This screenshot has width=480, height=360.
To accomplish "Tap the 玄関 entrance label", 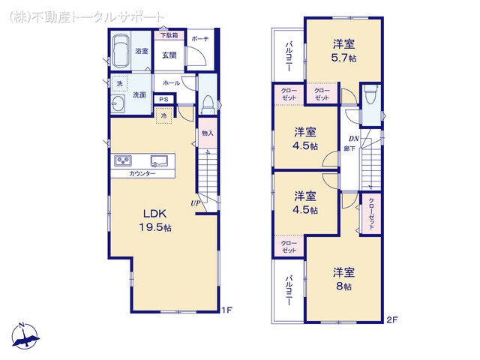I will pyautogui.click(x=169, y=55).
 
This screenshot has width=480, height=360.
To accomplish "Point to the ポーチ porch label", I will pyautogui.click(x=199, y=39).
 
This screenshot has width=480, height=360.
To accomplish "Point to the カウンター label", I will pyautogui.click(x=142, y=173).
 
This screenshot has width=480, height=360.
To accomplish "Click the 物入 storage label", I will pyautogui.click(x=207, y=133).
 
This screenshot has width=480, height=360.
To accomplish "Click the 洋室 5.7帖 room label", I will pyautogui.click(x=344, y=49).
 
